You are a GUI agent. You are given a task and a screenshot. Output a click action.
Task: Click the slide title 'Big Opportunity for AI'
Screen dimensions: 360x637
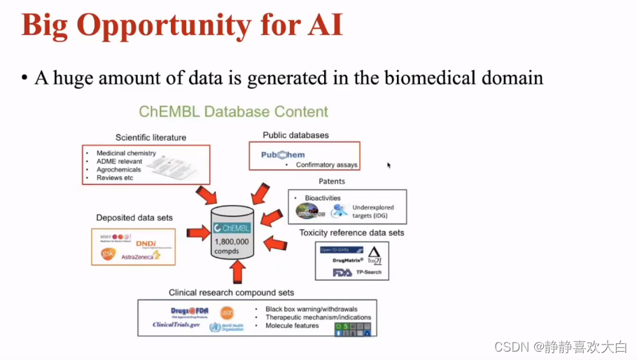pos(182,25)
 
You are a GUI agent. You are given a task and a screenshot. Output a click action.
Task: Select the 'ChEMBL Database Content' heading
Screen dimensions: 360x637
pos(233,112)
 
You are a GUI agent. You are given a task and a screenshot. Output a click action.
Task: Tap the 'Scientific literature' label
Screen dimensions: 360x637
pos(150,137)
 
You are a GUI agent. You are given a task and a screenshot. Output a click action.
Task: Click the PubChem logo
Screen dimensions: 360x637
pos(283,154)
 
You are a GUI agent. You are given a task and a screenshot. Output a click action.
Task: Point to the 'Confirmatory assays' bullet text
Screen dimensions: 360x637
pos(327,165)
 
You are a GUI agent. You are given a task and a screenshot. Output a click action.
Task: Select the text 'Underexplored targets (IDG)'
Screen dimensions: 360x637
pos(374,212)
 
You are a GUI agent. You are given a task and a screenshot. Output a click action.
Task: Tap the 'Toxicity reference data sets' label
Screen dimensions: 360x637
pos(351,233)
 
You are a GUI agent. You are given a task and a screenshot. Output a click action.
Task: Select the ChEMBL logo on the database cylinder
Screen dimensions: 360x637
pos(232,228)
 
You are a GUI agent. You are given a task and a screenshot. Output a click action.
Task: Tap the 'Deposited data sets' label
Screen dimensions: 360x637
pos(134,218)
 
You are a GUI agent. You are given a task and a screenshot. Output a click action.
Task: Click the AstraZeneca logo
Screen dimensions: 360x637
pos(140,256)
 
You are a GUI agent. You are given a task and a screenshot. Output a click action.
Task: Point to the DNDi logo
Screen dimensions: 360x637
pos(146,243)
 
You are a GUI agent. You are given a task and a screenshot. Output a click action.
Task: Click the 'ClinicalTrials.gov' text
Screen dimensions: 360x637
pos(176,324)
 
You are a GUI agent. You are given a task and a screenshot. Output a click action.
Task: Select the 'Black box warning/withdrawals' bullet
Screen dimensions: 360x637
pos(310,309)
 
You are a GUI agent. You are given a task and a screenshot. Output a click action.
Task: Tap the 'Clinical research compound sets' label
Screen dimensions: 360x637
pos(231,292)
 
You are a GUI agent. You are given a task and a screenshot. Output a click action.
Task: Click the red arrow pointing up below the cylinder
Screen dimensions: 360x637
pos(239,270)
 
